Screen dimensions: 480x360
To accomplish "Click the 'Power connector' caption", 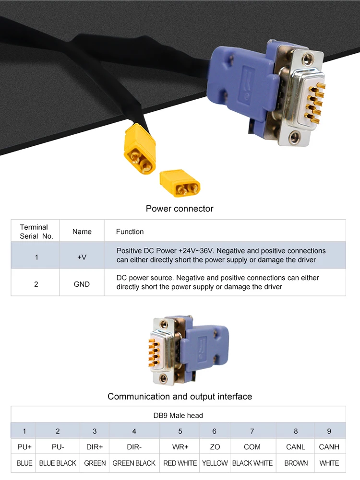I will [180, 209].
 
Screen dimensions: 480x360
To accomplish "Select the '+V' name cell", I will [82, 257].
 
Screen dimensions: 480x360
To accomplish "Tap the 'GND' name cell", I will [82, 284].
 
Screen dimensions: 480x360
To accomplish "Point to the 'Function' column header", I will [130, 232].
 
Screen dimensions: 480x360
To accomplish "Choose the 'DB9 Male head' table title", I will [178, 415].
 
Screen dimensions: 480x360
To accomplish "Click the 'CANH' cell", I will [329, 447].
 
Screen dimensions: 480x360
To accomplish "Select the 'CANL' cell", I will [296, 447].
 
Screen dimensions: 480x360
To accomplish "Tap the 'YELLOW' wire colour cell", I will [215, 463].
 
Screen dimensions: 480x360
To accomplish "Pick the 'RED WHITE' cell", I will [180, 463].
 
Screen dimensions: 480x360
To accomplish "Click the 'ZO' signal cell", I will [215, 447].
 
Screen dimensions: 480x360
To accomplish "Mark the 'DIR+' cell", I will [95, 447].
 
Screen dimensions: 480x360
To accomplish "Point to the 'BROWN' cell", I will [296, 463].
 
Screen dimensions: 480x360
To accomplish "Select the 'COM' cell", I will [252, 447].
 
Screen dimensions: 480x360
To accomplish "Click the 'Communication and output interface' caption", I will [180, 397].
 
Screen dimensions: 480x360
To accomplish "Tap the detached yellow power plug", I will [180, 183].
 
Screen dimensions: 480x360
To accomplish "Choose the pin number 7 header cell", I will [252, 431].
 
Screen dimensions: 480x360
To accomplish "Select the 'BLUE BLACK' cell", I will [58, 463].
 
